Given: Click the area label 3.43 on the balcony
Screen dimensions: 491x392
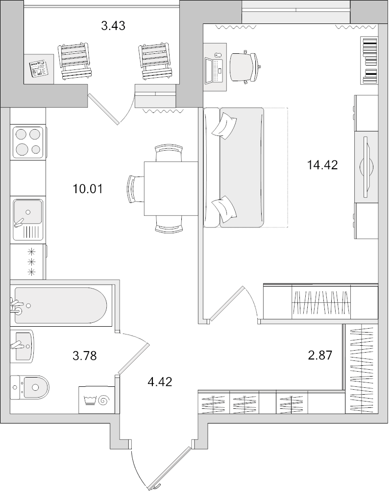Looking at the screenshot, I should point(113,26).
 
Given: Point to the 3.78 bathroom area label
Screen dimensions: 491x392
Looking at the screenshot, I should point(85,356).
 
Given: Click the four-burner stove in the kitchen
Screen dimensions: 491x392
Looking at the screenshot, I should point(27,142).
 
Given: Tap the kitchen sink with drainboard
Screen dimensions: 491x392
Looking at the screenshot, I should point(28,220).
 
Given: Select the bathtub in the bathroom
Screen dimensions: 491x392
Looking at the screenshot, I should point(60,305).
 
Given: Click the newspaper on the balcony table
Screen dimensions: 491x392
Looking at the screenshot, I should point(38,68).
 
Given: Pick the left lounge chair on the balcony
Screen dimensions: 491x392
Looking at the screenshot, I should point(75,61).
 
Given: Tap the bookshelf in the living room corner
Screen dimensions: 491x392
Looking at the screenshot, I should point(369,60).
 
